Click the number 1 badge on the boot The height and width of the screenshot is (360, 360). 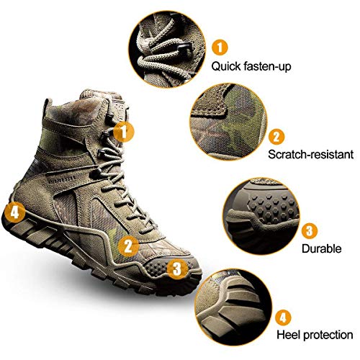pyautogui.click(x=125, y=132)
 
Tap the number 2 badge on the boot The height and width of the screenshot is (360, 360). pyautogui.click(x=128, y=246)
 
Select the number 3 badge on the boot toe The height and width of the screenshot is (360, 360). pyautogui.click(x=176, y=269)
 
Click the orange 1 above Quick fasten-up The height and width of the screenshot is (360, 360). pyautogui.click(x=222, y=48)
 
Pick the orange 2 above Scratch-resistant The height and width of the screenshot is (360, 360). pyautogui.click(x=276, y=137)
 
